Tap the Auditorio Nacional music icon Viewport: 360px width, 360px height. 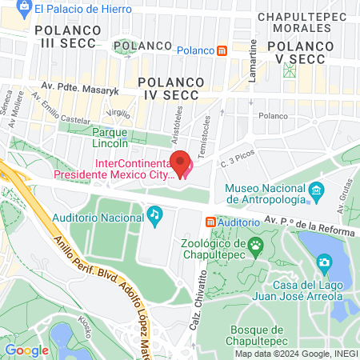[154, 214]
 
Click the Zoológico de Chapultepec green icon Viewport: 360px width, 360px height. [256, 243]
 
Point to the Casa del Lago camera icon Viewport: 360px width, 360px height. [324, 262]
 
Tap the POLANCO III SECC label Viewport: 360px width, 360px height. [67, 36]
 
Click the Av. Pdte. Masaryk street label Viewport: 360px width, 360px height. [82, 90]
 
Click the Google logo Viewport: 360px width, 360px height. [26, 350]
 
